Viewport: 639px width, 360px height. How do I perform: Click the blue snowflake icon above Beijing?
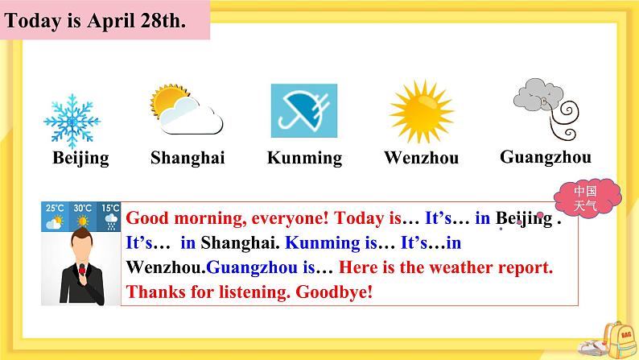click(x=72, y=121)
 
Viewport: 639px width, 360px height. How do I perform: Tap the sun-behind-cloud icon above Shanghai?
click(x=187, y=110)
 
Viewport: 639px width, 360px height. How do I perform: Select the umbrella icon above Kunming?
click(x=304, y=110)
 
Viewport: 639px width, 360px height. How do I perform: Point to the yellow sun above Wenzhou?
click(x=422, y=111)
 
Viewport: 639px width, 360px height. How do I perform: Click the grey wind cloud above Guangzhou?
click(x=546, y=109)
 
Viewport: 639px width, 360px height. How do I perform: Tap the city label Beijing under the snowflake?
click(x=80, y=158)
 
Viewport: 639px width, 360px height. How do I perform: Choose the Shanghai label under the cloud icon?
click(x=188, y=158)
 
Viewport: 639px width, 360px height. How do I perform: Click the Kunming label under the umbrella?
click(x=304, y=158)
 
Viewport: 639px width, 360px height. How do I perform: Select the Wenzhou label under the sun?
click(x=422, y=158)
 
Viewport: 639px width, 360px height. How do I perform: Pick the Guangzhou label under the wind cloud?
click(x=546, y=157)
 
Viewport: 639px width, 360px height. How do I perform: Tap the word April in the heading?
click(x=111, y=21)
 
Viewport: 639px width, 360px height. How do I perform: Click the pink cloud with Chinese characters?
click(x=587, y=198)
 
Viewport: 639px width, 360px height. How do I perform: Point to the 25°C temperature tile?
click(x=55, y=217)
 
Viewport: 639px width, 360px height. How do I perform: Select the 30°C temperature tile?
click(x=83, y=217)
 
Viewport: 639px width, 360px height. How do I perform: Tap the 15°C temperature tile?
click(x=109, y=217)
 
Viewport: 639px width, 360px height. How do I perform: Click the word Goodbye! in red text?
click(x=334, y=292)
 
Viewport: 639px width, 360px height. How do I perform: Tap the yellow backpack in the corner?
click(x=619, y=341)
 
